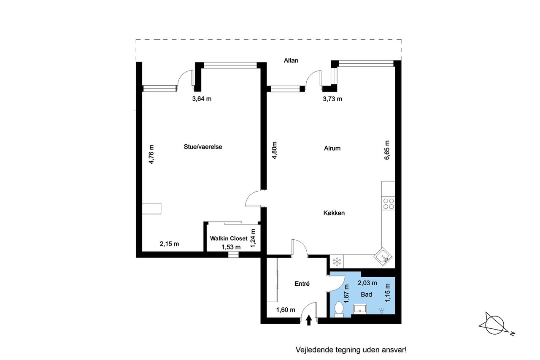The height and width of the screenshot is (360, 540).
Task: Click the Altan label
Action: [x=291, y=60]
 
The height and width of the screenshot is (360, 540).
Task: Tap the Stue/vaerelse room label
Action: [x=203, y=147]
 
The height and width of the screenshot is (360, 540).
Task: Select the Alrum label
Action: [x=332, y=148]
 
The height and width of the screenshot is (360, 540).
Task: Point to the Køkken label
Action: [x=334, y=213]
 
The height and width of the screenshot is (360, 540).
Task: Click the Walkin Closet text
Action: [x=229, y=238]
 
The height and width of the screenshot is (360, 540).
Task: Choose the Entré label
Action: [x=302, y=284]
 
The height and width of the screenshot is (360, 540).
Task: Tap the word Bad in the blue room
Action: [x=366, y=295]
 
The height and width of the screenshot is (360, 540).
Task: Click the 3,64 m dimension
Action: [x=202, y=99]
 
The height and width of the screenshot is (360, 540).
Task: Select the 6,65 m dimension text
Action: [x=387, y=150]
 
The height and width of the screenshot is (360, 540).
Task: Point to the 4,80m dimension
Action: [x=274, y=150]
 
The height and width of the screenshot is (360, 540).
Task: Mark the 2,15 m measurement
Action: [x=169, y=244]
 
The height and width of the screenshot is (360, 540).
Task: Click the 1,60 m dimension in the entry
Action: [x=286, y=310]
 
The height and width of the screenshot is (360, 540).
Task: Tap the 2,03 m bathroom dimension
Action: [x=367, y=283]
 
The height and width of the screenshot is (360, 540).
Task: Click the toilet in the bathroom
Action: [x=339, y=309]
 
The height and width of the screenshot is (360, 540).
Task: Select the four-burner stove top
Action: [x=389, y=204]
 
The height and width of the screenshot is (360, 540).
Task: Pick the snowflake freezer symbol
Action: [x=336, y=262]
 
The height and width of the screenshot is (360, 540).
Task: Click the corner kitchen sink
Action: [x=383, y=257]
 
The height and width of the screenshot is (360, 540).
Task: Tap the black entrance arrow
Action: [x=309, y=320]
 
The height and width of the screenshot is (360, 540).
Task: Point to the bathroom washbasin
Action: [x=360, y=309]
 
